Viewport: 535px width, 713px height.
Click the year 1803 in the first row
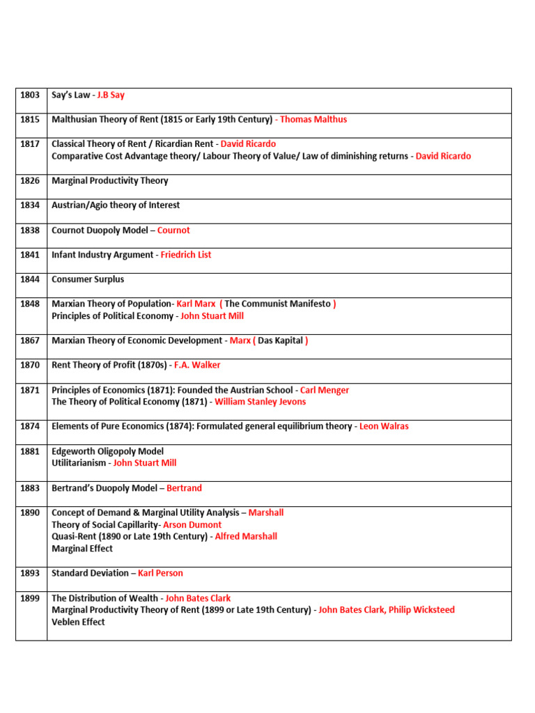click(30, 95)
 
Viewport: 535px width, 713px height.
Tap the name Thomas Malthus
click(313, 119)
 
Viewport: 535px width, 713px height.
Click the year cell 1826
click(30, 180)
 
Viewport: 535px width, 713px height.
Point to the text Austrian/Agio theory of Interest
click(116, 205)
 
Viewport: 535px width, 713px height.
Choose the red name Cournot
click(173, 230)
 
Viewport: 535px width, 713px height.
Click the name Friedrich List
click(186, 255)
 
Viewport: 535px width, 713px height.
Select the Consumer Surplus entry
click(88, 279)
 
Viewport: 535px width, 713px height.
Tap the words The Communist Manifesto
click(277, 304)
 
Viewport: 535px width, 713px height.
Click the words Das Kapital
click(280, 340)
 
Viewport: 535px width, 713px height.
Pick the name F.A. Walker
click(197, 365)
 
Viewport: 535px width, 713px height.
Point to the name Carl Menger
click(325, 390)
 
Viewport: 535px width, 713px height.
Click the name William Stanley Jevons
click(260, 402)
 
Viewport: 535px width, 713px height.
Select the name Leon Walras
click(384, 426)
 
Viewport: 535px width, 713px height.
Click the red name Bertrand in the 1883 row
click(184, 488)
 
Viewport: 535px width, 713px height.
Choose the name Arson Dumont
click(192, 524)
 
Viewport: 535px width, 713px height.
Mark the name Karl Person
click(160, 573)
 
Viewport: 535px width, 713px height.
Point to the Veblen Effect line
click(78, 622)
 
